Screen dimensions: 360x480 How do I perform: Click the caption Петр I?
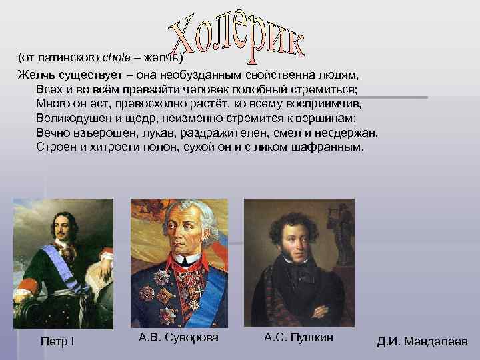tap(59, 342)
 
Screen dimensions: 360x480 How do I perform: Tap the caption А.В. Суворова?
tap(178, 338)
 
